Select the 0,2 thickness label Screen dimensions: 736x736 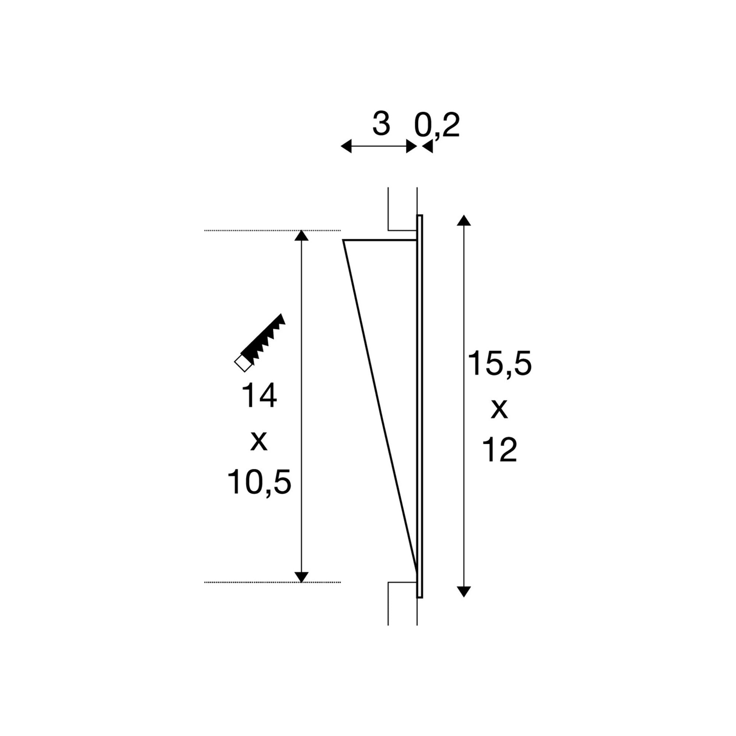pyautogui.click(x=437, y=125)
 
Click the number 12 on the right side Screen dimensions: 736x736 pyautogui.click(x=499, y=450)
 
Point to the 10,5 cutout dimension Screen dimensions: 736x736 pyautogui.click(x=259, y=482)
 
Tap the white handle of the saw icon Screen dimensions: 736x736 pyautogui.click(x=243, y=363)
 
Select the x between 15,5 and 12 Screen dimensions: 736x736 pyautogui.click(x=499, y=409)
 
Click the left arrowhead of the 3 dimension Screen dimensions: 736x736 pyautogui.click(x=346, y=146)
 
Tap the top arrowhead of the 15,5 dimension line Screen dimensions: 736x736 pyautogui.click(x=464, y=220)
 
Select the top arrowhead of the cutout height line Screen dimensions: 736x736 pyautogui.click(x=301, y=236)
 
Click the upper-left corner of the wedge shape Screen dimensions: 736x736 pyautogui.click(x=344, y=240)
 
